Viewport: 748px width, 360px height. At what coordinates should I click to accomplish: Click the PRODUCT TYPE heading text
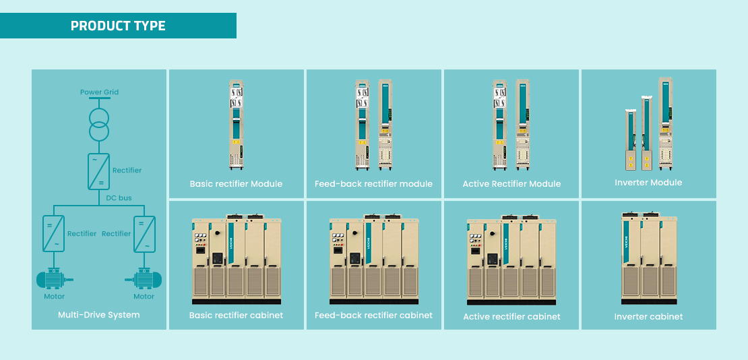[118, 26]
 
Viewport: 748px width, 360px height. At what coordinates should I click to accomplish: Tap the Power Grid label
[99, 92]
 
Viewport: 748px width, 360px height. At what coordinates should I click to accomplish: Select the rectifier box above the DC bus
[98, 171]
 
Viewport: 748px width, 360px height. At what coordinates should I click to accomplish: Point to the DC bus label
[119, 198]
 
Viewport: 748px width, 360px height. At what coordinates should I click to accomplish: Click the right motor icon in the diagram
[144, 278]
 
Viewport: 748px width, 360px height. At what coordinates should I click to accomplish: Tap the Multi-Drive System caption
[99, 315]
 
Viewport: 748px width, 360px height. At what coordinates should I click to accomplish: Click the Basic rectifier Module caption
[236, 184]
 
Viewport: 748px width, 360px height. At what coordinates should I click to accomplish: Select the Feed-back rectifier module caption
[373, 184]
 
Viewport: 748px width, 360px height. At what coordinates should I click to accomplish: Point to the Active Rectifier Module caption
[511, 184]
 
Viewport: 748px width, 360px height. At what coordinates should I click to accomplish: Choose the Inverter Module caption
[648, 183]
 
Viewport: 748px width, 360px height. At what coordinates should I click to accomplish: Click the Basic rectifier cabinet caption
[236, 316]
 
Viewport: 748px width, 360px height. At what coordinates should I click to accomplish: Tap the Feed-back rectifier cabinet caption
[373, 316]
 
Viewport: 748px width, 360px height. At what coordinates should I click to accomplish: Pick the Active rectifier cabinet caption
[511, 317]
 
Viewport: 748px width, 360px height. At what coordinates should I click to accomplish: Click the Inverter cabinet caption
[648, 317]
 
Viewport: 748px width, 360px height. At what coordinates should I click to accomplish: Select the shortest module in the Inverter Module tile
[630, 139]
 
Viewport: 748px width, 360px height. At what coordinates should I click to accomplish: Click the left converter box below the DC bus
[54, 233]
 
